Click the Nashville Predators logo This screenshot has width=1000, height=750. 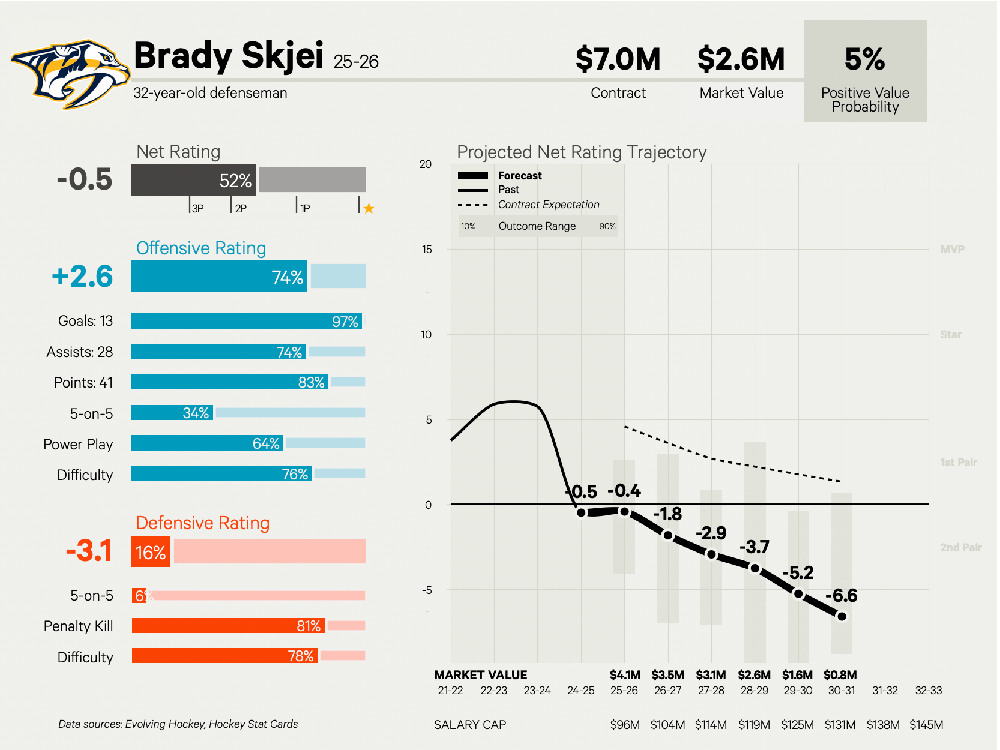70,74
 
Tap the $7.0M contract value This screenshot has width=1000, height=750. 618,59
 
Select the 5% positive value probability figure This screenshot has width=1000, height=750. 864,59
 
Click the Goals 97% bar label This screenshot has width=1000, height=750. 345,322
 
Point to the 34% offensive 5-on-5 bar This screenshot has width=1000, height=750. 172,413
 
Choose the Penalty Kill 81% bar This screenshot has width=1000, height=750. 228,626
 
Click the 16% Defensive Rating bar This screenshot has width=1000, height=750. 151,552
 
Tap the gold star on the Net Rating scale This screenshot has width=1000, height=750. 369,209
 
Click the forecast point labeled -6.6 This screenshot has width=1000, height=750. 842,616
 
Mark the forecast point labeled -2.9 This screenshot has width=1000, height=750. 711,554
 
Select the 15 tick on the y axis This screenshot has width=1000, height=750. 426,250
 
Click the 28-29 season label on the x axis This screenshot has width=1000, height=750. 755,691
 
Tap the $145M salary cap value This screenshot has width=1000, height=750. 926,725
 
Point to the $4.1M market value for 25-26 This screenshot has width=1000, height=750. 625,675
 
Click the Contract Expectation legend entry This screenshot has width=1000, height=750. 548,205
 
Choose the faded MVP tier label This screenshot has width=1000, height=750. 952,250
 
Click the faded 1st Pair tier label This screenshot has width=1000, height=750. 958,463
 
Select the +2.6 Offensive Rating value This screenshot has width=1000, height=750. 82,277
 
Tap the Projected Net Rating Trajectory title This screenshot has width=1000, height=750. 582,152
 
